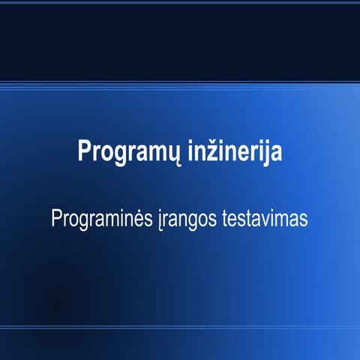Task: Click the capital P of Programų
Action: point(84,150)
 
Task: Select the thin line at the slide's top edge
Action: point(180,3)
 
